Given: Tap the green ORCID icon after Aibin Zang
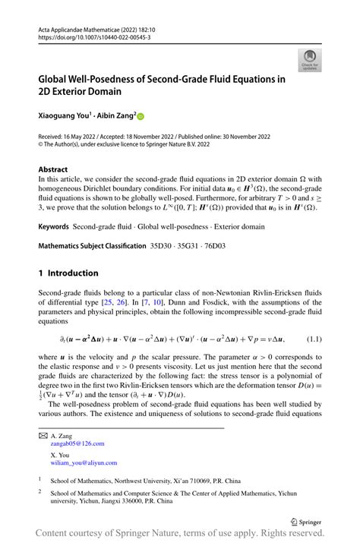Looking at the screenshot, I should [140, 117].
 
